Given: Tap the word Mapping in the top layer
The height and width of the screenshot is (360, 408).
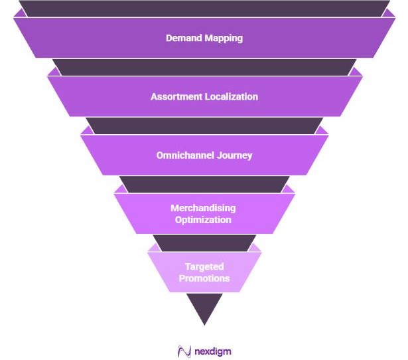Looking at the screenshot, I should coord(223,39).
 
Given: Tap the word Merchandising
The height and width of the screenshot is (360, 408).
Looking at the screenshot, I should coord(204,208).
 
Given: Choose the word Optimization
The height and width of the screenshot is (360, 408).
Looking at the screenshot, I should coord(204,220).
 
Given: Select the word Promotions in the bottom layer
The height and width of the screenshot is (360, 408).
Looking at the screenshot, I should coord(204,278).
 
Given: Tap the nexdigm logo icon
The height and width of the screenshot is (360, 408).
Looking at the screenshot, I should coord(184,351).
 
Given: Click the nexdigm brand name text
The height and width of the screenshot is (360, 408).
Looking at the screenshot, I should coord(213,351).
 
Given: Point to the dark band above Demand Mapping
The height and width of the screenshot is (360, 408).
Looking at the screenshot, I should coord(204,8).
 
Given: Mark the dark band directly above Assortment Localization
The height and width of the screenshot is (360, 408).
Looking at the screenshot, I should coord(204,66).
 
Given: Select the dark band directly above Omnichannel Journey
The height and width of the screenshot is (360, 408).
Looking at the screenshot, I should coord(204,126).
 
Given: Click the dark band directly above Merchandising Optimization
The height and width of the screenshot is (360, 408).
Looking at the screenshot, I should coord(204,184).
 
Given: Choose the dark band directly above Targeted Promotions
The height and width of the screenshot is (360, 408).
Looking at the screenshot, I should coord(204,242).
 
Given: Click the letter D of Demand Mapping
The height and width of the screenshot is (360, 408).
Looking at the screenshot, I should coord(169,38).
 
